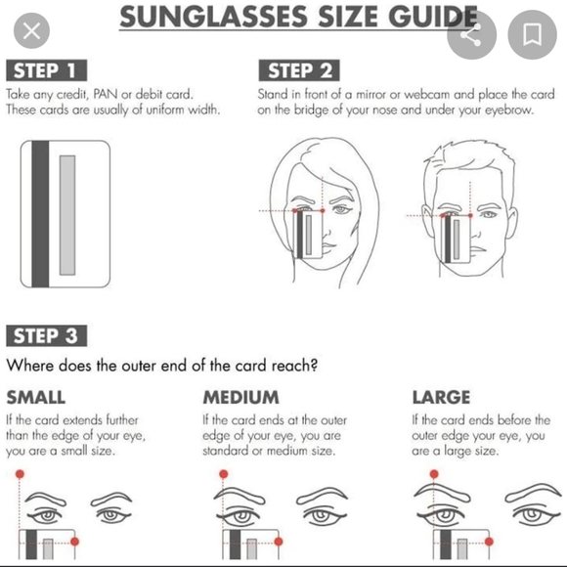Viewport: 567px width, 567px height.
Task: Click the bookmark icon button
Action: tap(533, 35)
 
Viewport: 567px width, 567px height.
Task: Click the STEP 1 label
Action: tap(46, 69)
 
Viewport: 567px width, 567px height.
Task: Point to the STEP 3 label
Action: tap(47, 336)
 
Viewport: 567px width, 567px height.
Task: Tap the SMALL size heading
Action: tap(36, 398)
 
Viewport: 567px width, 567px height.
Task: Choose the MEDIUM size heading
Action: tap(240, 398)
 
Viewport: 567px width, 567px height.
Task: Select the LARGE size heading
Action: tap(441, 398)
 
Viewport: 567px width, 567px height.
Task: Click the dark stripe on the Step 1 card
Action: tap(40, 214)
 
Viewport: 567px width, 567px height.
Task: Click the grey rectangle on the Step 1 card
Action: tap(67, 213)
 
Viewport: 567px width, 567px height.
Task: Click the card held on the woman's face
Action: tap(304, 235)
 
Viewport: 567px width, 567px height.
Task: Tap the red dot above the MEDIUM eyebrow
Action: tap(224, 474)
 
